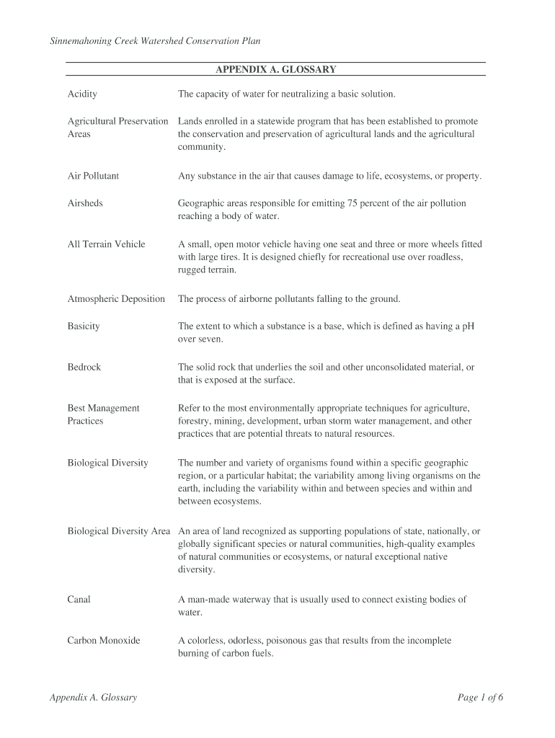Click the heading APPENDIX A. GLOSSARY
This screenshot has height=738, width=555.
(x=275, y=70)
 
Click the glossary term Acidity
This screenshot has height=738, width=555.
(x=82, y=94)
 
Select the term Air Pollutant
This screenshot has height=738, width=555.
(x=93, y=176)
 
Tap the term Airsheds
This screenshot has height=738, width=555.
(x=85, y=203)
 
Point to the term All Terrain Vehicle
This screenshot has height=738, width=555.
(x=106, y=244)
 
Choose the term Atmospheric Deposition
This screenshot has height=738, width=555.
(x=116, y=299)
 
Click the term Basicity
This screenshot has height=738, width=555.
(x=84, y=326)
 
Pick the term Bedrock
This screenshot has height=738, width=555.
(x=84, y=368)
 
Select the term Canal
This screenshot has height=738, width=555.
(x=79, y=600)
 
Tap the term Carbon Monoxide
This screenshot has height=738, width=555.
(x=104, y=641)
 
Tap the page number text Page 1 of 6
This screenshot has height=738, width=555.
(x=480, y=698)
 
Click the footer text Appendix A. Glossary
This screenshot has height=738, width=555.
(x=93, y=698)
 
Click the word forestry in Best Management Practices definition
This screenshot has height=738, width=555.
(x=195, y=422)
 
